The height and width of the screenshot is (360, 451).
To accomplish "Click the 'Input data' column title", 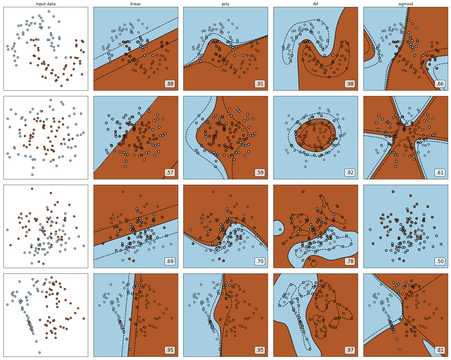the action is [x=45, y=4].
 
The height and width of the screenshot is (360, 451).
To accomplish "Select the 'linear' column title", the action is [x=136, y=4].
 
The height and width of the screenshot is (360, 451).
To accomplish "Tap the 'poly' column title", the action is [x=226, y=4].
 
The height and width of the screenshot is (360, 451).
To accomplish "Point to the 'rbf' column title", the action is [x=315, y=4].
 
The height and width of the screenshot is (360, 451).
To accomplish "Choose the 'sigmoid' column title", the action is [x=406, y=4].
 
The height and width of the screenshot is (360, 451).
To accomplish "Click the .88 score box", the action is [x=170, y=84].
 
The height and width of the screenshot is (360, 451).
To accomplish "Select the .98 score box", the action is [x=350, y=84].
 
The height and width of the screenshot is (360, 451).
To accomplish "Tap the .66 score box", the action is [x=440, y=84].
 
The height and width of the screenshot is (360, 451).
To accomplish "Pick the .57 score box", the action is [x=170, y=172].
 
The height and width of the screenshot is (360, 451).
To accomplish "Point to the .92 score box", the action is [x=350, y=172].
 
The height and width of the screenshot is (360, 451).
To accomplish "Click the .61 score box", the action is [x=440, y=172].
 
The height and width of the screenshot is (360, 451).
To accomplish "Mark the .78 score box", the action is [x=350, y=261].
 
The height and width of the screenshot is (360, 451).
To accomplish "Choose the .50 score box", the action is [x=440, y=261].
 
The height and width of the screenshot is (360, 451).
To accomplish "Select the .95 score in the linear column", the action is [x=170, y=350].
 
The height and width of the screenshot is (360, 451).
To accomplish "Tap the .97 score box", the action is [x=350, y=350].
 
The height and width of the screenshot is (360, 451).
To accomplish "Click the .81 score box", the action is [x=440, y=350].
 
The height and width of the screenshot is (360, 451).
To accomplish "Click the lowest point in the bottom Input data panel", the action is [x=40, y=352].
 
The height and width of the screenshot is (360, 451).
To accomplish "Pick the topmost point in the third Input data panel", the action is [x=32, y=189].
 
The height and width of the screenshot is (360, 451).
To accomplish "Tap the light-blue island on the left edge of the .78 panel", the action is [x=278, y=228].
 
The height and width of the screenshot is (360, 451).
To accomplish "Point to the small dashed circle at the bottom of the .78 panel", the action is [x=313, y=263].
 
